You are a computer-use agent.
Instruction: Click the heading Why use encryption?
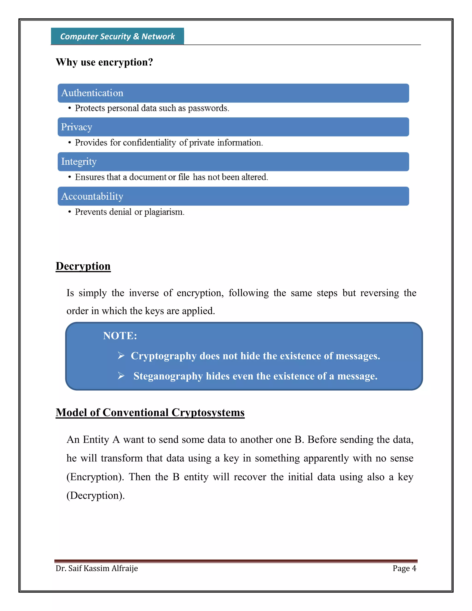point(104,62)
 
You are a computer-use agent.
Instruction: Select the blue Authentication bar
point(233,93)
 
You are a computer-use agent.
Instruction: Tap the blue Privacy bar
point(233,127)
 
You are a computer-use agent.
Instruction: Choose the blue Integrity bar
point(233,162)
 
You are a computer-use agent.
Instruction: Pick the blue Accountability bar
point(233,196)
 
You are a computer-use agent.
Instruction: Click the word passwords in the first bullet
point(208,109)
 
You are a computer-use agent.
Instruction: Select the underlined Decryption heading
point(83,266)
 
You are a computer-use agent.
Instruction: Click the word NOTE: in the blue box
point(120,336)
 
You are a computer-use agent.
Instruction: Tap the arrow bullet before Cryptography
point(121,356)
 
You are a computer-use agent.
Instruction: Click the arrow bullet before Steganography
point(121,376)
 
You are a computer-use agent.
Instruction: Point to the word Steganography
point(168,376)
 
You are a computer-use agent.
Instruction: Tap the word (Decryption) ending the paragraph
point(95,496)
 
